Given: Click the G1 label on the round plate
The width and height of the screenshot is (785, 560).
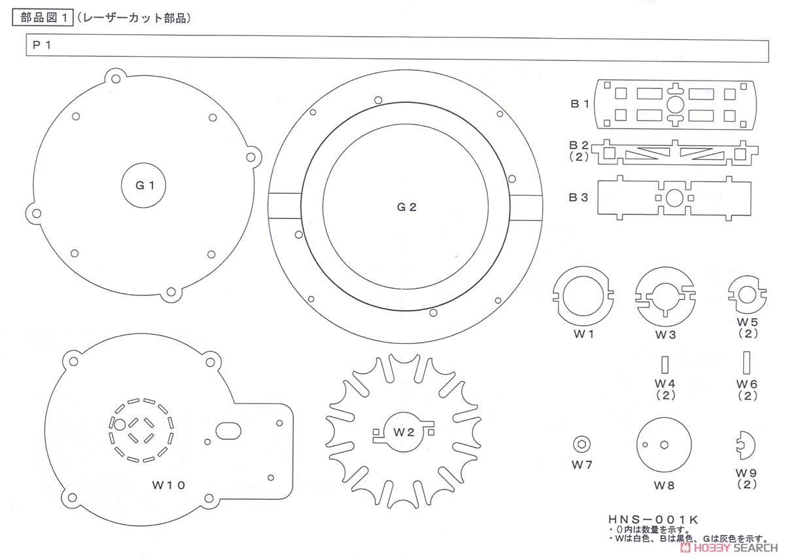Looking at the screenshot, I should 145,185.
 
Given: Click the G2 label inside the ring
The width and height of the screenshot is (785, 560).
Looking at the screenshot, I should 406,207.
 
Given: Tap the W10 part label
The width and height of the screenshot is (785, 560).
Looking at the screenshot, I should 169,485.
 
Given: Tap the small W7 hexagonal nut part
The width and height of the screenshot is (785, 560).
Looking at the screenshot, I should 581,444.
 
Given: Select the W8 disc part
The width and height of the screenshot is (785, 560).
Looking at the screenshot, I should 664,444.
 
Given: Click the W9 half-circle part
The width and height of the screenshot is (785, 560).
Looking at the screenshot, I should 745,445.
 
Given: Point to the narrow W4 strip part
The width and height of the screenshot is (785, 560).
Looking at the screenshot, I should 665,364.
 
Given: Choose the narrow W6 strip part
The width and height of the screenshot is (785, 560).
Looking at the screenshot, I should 746,362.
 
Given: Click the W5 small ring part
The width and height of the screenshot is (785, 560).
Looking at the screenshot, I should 746,295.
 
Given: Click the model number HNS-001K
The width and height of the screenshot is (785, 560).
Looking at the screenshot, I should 652,519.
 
